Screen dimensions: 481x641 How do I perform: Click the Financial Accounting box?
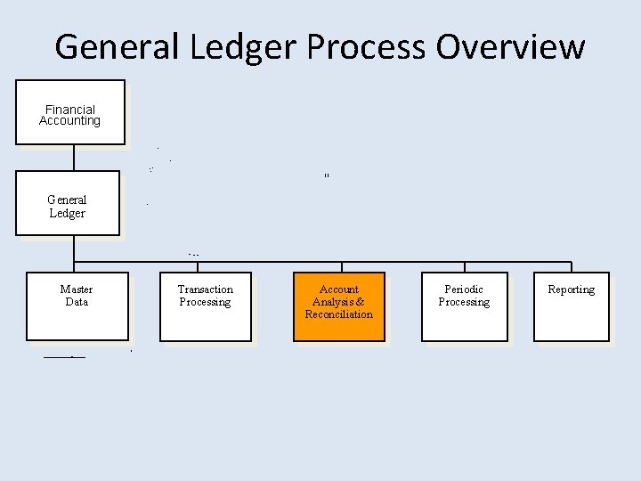pyautogui.click(x=69, y=112)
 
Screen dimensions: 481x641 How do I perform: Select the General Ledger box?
pyautogui.click(x=67, y=203)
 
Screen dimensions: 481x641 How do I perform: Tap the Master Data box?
pyautogui.click(x=77, y=306)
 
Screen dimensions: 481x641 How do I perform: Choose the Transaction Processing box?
pyautogui.click(x=205, y=306)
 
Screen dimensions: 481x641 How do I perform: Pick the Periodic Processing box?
pyautogui.click(x=464, y=306)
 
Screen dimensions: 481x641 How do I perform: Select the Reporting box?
pyautogui.click(x=571, y=306)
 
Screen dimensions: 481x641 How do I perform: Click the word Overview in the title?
pyautogui.click(x=510, y=46)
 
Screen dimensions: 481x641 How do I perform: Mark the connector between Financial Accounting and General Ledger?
pyautogui.click(x=74, y=158)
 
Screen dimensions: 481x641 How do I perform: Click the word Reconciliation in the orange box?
pyautogui.click(x=338, y=314)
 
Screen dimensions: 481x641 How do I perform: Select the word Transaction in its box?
pyautogui.click(x=205, y=289)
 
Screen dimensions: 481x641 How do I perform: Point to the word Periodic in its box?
pyautogui.click(x=464, y=289)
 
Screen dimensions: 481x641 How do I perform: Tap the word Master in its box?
pyautogui.click(x=77, y=289)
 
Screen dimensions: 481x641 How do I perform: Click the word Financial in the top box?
pyautogui.click(x=69, y=110)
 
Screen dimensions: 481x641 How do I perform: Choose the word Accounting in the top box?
pyautogui.click(x=69, y=121)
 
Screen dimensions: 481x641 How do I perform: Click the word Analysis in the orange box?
pyautogui.click(x=334, y=302)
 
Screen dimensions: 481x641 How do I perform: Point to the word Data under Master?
pyautogui.click(x=77, y=302)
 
